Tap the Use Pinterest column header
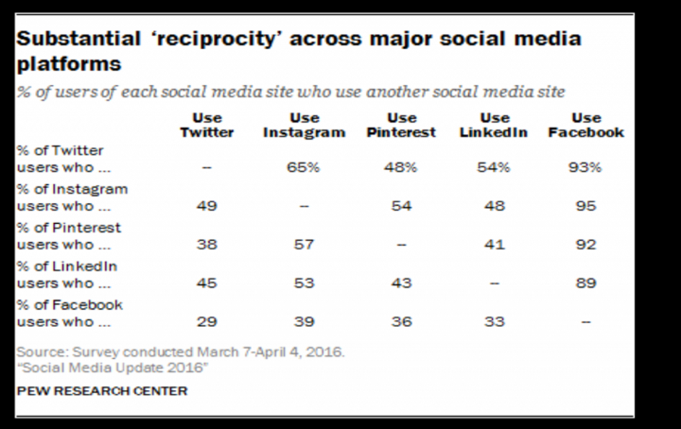pos(401,126)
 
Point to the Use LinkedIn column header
pos(495,126)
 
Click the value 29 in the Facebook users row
pos(207,322)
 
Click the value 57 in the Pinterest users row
pos(305,244)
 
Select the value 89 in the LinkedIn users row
pos(586,283)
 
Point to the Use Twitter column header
pos(207,126)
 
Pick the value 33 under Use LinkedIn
pos(495,322)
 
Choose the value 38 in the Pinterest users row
pos(207,244)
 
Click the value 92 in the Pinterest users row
pos(586,244)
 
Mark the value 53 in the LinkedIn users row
pos(305,283)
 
